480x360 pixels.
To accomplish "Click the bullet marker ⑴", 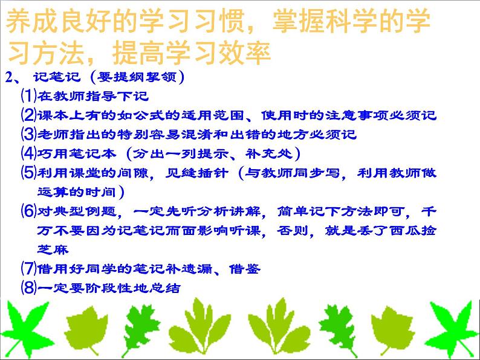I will tap(28, 95).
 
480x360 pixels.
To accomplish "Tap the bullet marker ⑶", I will tap(28, 133).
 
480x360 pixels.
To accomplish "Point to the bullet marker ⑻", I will tap(28, 288).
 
